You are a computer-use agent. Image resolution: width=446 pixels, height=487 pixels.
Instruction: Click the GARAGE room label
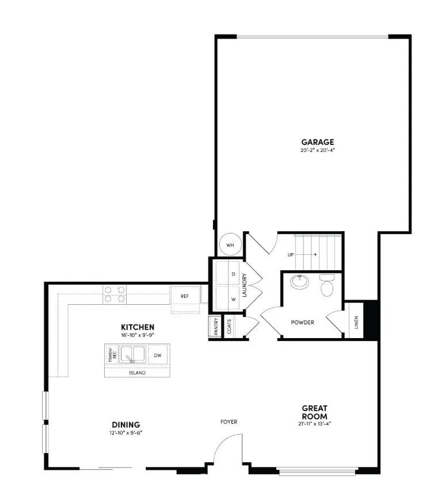(318, 142)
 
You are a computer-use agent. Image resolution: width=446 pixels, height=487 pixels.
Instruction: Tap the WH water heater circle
(230, 244)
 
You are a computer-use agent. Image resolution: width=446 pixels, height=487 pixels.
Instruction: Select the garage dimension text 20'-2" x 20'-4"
(318, 151)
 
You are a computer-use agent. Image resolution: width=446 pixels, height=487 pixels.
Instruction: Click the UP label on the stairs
(291, 254)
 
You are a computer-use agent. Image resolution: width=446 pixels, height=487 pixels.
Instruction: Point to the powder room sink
(299, 282)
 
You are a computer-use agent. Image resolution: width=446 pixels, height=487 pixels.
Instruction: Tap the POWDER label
(302, 323)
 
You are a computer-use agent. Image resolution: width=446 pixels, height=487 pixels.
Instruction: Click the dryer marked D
(233, 274)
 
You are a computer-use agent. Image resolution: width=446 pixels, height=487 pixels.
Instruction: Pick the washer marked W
(233, 300)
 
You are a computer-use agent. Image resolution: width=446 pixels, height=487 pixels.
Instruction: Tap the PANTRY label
(214, 327)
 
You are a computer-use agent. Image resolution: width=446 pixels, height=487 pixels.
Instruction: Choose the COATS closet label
(230, 327)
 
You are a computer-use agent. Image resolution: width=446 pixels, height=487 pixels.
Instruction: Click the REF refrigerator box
(185, 296)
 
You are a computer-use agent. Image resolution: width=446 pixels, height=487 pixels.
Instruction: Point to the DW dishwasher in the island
(157, 356)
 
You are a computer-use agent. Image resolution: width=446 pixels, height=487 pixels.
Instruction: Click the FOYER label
(228, 422)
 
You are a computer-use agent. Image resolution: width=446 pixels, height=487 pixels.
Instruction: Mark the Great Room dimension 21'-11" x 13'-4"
(315, 424)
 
